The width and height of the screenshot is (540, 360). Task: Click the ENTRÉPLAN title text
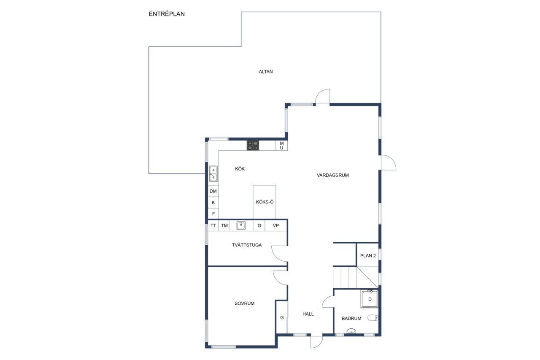point(167,14)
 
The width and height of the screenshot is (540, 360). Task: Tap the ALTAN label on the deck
point(266,72)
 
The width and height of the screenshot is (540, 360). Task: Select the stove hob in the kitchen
point(253,146)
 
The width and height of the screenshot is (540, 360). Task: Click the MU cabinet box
point(281,146)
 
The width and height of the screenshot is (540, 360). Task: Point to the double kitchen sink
point(213,173)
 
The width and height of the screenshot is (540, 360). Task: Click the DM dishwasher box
point(213,191)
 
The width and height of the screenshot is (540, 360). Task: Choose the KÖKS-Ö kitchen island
point(265,202)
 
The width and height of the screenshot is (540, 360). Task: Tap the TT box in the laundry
point(213,226)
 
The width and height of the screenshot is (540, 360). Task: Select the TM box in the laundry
point(224,226)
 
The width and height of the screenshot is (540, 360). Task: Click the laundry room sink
point(241,225)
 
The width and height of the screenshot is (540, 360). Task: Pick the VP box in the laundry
point(276,226)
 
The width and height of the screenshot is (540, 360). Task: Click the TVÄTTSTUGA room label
point(247,245)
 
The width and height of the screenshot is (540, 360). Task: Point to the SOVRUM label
point(244,303)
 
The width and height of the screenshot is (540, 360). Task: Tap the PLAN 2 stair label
point(368,256)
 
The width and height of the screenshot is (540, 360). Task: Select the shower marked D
point(369,299)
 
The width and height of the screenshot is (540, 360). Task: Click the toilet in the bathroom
point(373,318)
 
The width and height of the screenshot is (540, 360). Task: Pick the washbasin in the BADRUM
point(351,331)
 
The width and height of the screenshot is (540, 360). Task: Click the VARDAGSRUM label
point(333,175)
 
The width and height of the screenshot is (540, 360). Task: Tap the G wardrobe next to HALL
point(282,317)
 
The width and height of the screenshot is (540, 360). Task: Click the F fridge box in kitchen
point(213,214)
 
